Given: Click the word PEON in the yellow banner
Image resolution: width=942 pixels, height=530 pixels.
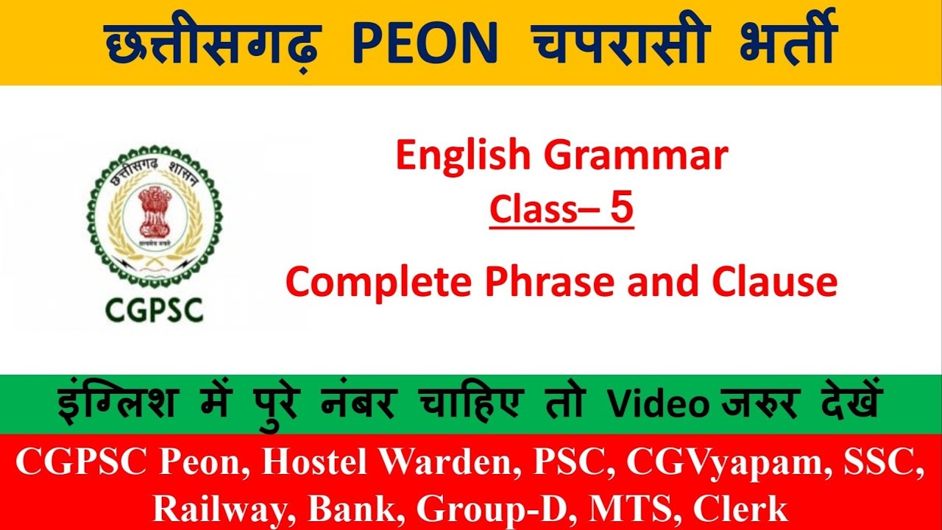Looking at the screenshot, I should pyautogui.click(x=425, y=46).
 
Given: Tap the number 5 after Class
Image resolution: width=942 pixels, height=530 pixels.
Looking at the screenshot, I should pyautogui.click(x=620, y=208).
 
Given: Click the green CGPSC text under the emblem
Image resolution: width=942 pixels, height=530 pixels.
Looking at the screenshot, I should pyautogui.click(x=155, y=310).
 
